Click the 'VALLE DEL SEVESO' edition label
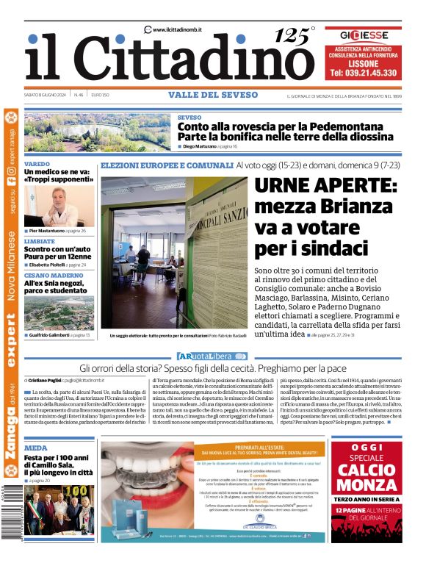[207, 95]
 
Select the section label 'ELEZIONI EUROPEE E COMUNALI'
[167, 166]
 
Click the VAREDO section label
[37, 164]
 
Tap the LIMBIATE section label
[39, 241]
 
